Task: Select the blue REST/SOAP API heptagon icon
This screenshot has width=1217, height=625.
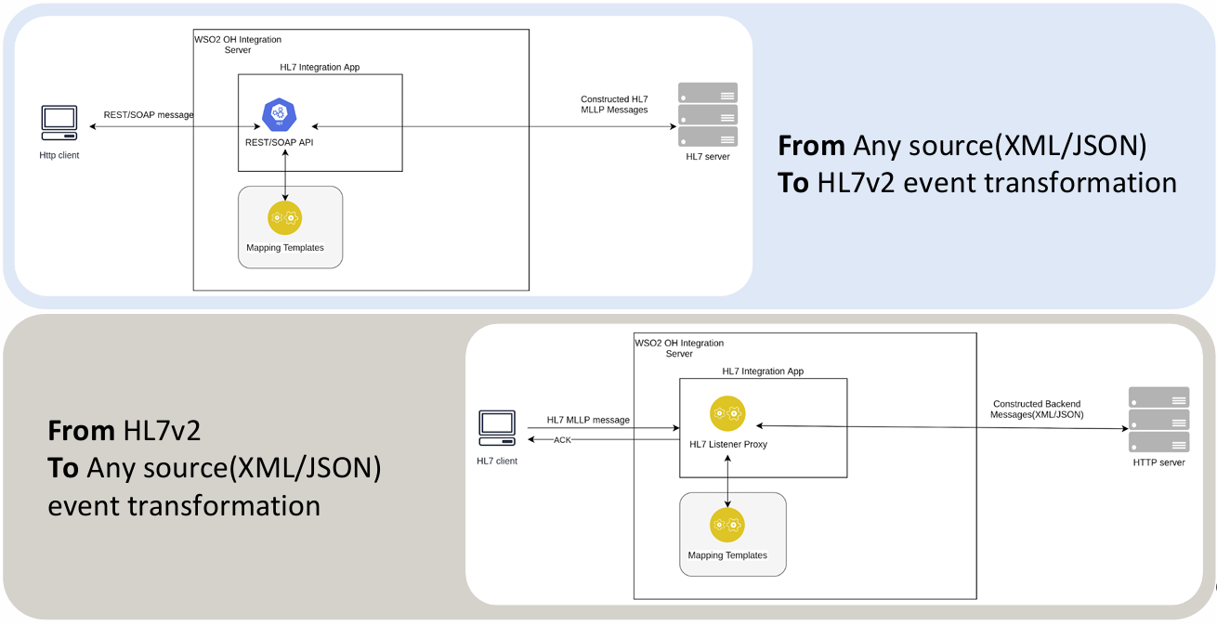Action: click(279, 114)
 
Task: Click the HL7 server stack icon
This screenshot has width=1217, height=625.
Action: click(708, 114)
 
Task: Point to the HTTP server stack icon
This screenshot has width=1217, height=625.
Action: click(1158, 419)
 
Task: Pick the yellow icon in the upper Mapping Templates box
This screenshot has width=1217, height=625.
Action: click(285, 218)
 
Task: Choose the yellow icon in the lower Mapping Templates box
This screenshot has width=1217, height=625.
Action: click(727, 525)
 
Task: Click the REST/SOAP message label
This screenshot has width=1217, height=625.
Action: click(149, 115)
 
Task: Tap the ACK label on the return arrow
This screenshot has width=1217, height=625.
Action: click(562, 440)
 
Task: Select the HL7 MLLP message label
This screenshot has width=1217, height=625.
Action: click(588, 420)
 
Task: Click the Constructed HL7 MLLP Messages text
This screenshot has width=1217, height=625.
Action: click(614, 104)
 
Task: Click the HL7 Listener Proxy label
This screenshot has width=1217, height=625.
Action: click(728, 445)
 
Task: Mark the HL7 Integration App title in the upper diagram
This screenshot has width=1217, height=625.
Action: click(320, 68)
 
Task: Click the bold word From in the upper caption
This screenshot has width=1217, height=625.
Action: click(811, 146)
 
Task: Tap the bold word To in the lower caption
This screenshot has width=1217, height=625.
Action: click(63, 468)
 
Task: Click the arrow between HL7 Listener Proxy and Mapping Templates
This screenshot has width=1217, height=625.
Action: click(727, 481)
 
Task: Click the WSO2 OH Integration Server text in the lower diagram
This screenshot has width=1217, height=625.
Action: click(678, 348)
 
